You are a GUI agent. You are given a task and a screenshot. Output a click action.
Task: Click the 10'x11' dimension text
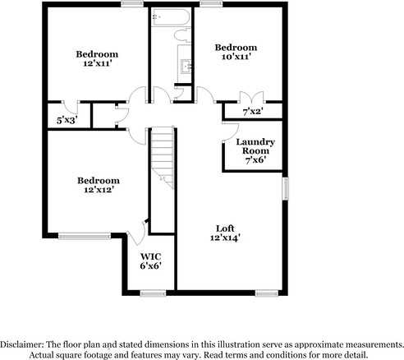235,58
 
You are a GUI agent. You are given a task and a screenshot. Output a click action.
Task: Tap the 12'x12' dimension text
98,190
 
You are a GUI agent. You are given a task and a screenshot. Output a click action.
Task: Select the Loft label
225,228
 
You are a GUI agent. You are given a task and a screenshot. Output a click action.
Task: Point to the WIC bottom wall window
153,292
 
